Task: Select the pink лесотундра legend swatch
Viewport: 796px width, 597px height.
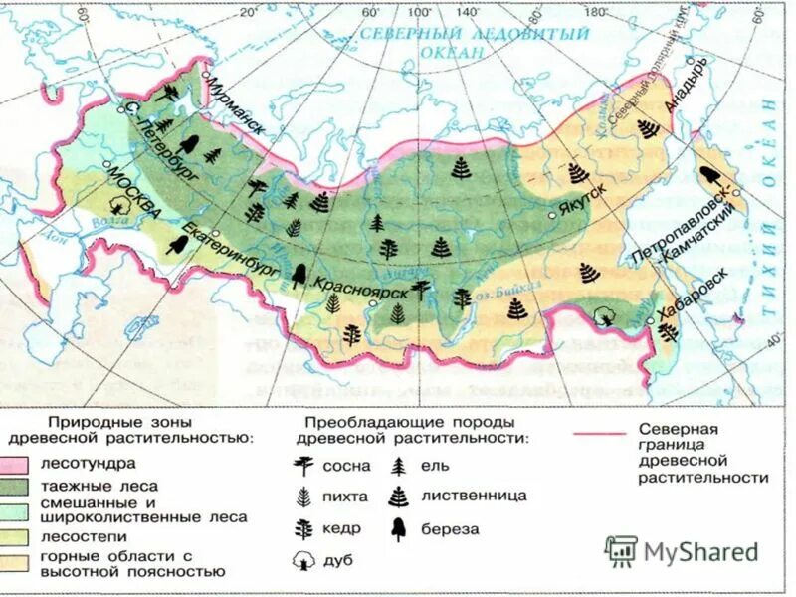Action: click(17, 464)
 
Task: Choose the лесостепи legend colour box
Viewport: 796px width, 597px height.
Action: click(17, 536)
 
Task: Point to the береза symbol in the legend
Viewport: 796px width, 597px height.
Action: click(399, 527)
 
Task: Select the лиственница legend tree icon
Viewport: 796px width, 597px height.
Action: click(399, 496)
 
